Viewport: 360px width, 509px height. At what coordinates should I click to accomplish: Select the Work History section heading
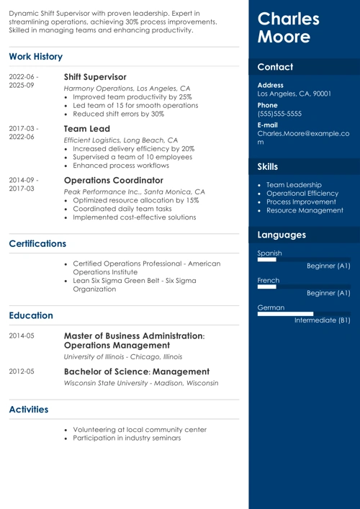(x=36, y=57)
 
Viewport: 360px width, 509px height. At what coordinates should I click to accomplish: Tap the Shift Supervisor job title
(x=95, y=76)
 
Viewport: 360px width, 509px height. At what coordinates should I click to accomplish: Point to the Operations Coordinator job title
(x=114, y=179)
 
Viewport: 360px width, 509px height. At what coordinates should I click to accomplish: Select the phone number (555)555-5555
(x=279, y=114)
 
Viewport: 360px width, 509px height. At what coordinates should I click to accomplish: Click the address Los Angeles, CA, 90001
(x=294, y=94)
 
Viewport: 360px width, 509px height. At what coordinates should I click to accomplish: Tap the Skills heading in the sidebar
(x=268, y=167)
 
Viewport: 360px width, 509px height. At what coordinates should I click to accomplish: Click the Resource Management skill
(x=305, y=210)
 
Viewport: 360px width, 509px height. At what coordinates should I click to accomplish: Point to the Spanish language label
(x=270, y=253)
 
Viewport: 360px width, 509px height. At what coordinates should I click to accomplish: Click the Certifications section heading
(x=37, y=244)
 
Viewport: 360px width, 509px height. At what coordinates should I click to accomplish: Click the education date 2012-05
(x=22, y=371)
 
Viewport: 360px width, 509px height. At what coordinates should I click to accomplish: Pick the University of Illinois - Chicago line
(x=122, y=357)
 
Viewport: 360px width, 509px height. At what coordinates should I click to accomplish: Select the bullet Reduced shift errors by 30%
(x=119, y=114)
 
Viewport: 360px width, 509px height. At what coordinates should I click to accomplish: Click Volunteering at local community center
(x=140, y=430)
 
